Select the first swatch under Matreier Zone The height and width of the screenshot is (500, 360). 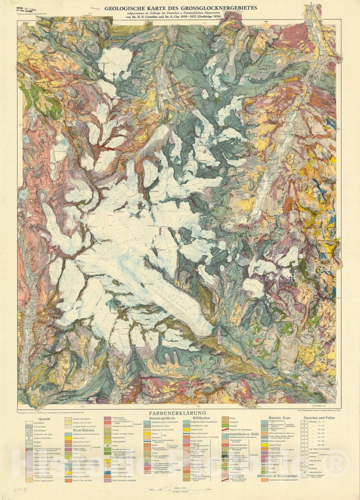(265, 422)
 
